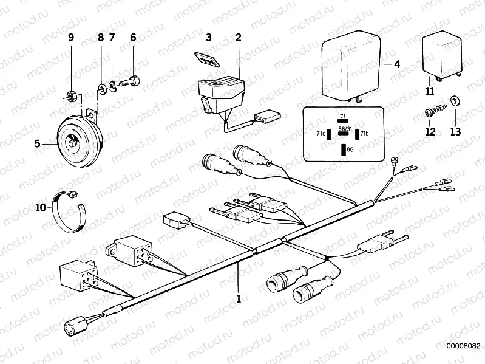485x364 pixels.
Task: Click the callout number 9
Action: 70,38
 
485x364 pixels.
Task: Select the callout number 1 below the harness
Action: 239,298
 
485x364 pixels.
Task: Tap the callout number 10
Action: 40,207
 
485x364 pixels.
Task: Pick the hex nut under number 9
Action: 70,95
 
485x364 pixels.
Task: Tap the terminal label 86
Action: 351,148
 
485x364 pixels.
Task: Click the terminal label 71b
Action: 364,133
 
